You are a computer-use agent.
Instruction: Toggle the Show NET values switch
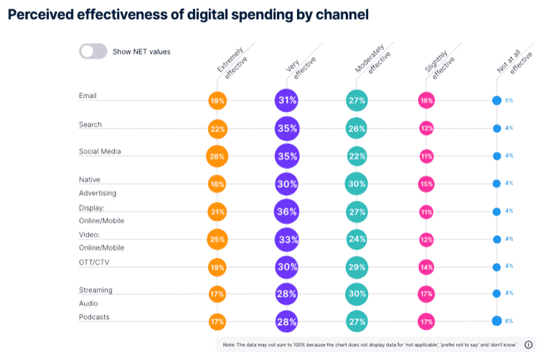click(93, 51)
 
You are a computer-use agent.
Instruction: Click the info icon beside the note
click(529, 344)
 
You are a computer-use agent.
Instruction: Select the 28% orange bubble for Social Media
click(217, 156)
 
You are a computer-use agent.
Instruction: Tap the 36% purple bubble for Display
click(287, 212)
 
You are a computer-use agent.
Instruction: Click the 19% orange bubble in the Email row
click(217, 101)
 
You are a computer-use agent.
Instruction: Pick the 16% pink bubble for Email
click(428, 101)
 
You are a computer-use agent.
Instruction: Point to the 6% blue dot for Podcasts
click(496, 321)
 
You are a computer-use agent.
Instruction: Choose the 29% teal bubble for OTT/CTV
click(357, 266)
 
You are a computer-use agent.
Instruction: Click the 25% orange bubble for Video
click(217, 239)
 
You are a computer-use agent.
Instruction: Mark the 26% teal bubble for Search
click(357, 128)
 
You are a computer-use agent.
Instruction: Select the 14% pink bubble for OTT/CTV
click(428, 266)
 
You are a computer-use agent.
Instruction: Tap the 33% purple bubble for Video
click(287, 239)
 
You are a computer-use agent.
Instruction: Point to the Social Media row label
click(100, 151)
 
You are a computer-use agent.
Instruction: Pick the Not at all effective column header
click(512, 61)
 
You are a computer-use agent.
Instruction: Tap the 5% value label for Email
click(509, 100)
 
